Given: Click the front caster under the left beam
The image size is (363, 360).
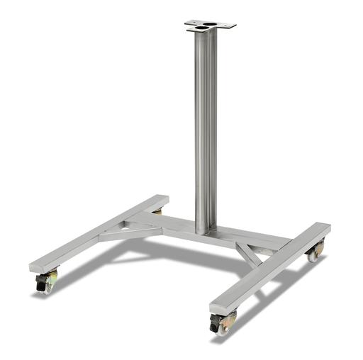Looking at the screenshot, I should coord(48,282).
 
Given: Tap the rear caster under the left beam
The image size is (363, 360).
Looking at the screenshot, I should coord(157,211).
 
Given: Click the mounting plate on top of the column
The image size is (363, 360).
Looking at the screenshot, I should coord(211,26).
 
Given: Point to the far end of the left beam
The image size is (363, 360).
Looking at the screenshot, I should coord(162,199).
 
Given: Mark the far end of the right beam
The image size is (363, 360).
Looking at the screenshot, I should coord(323,227).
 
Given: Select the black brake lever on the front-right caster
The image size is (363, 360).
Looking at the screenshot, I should coord(214,321).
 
